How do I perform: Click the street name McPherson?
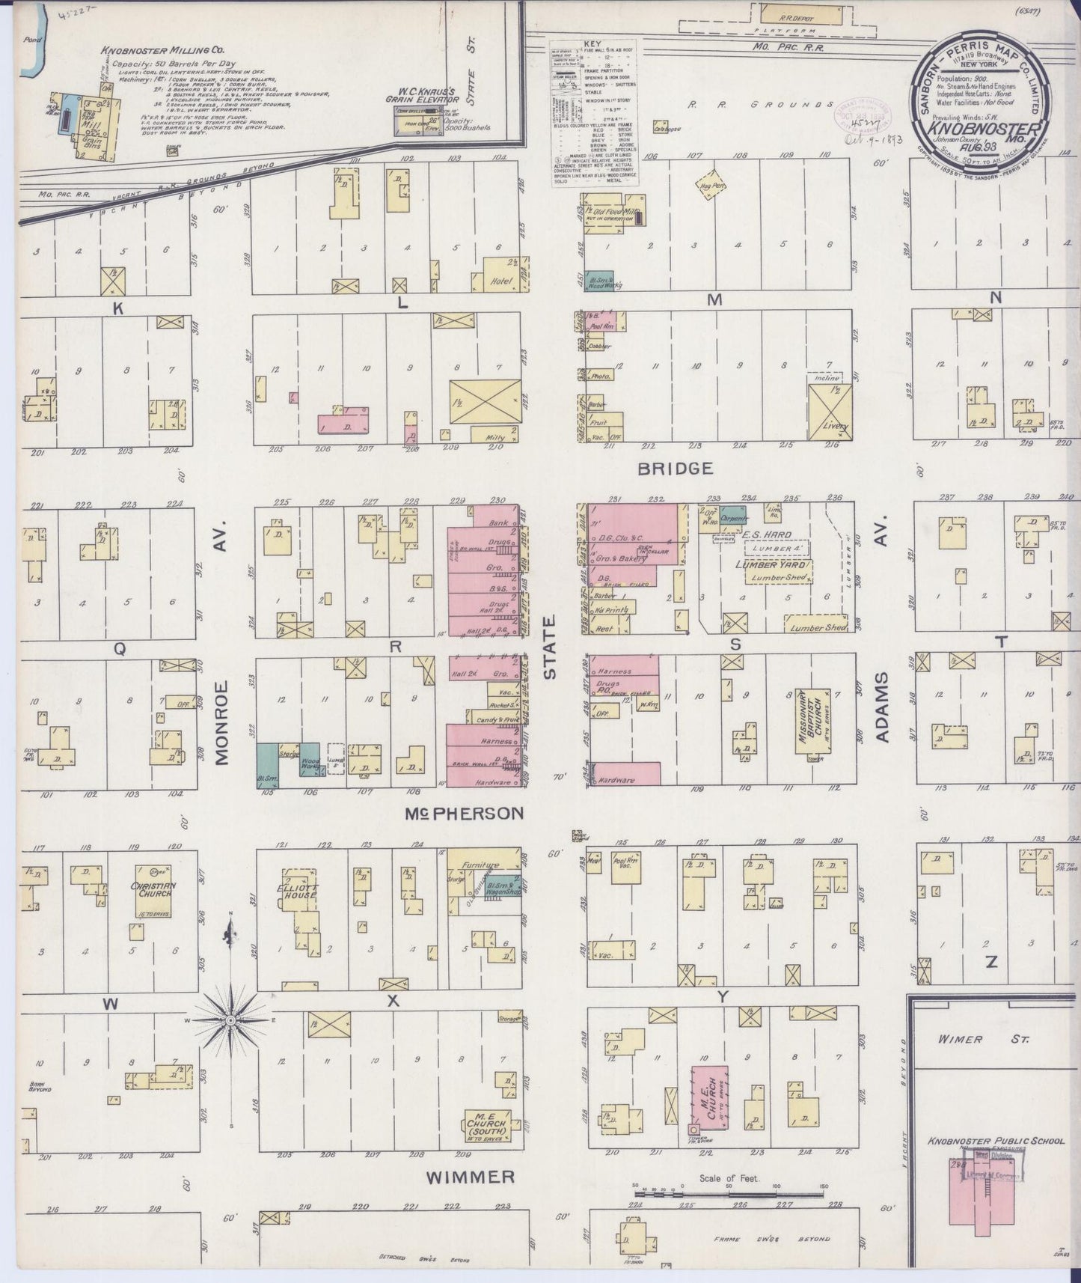(465, 813)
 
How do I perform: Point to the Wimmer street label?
(470, 1177)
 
